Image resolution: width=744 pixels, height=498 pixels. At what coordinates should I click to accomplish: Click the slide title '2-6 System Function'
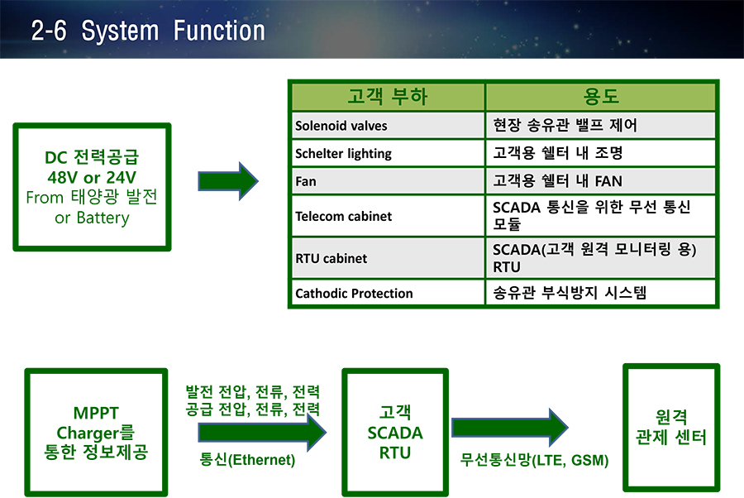pyautogui.click(x=148, y=31)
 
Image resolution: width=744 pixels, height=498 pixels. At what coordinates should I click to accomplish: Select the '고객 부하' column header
pyautogui.click(x=388, y=97)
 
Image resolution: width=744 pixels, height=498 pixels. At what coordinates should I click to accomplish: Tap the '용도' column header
pyautogui.click(x=600, y=97)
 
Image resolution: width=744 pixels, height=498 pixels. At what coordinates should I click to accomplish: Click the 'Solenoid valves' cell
pyautogui.click(x=388, y=126)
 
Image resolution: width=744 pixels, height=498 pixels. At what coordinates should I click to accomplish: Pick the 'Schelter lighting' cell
pyautogui.click(x=388, y=153)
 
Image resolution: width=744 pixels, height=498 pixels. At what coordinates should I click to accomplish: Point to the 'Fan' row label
pyautogui.click(x=306, y=181)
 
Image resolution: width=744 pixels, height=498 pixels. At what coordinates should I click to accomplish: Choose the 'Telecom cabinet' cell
pyautogui.click(x=388, y=216)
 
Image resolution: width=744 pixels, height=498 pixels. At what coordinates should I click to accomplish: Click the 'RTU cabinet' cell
pyautogui.click(x=388, y=258)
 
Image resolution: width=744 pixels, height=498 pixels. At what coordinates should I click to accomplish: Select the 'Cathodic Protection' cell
pyautogui.click(x=388, y=293)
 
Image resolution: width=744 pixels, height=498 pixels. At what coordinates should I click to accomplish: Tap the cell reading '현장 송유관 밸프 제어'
pyautogui.click(x=600, y=126)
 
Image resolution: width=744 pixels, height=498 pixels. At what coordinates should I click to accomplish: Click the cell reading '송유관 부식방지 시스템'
pyautogui.click(x=600, y=293)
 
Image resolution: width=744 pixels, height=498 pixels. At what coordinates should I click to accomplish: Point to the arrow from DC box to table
pyautogui.click(x=228, y=181)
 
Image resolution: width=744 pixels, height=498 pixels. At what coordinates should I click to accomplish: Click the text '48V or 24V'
pyautogui.click(x=92, y=178)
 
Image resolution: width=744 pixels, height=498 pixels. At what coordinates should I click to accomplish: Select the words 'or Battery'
pyautogui.click(x=92, y=218)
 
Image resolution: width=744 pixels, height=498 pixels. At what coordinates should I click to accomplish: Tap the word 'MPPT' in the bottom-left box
pyautogui.click(x=96, y=413)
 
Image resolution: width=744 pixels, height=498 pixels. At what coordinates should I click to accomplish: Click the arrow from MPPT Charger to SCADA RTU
pyautogui.click(x=262, y=433)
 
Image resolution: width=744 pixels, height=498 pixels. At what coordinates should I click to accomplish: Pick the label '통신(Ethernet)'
pyautogui.click(x=247, y=460)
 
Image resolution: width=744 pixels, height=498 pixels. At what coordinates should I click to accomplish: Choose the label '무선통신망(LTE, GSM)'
pyautogui.click(x=534, y=460)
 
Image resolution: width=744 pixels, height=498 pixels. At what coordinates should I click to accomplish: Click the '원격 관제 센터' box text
pyautogui.click(x=671, y=427)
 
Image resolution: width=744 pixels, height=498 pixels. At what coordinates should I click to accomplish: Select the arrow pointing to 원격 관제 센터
pyautogui.click(x=510, y=427)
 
